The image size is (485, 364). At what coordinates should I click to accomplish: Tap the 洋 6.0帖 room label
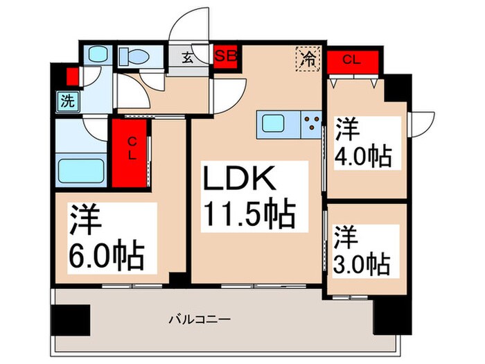pyautogui.click(x=106, y=238)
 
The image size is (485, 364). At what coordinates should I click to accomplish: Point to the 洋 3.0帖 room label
pyautogui.click(x=360, y=250)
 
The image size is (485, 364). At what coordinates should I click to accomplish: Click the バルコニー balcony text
pyautogui.click(x=201, y=320)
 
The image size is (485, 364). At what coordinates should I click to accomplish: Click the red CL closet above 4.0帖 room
pyautogui.click(x=353, y=60)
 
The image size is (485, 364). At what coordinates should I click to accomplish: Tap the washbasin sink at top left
pyautogui.click(x=96, y=55)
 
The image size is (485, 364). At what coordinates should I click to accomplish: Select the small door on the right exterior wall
pyautogui.click(x=421, y=123)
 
